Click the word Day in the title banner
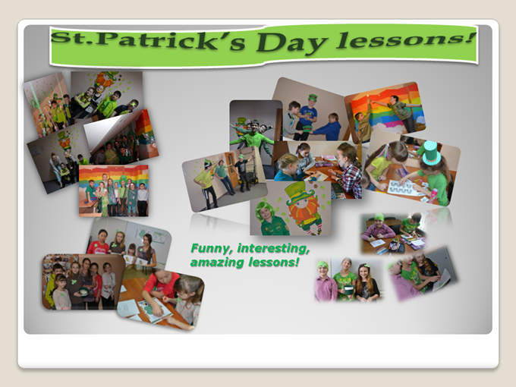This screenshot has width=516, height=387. (x=291, y=42)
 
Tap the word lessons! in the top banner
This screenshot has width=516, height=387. (x=405, y=39)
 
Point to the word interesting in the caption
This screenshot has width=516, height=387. (x=273, y=248)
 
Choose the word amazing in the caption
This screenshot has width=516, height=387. (x=217, y=263)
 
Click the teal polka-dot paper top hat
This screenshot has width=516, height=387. (x=431, y=153)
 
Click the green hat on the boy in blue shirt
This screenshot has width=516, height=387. (x=313, y=98)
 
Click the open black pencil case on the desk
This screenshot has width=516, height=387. (x=396, y=246)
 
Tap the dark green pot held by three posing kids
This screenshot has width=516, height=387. (x=348, y=290)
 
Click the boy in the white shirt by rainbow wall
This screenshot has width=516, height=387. (x=143, y=200)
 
